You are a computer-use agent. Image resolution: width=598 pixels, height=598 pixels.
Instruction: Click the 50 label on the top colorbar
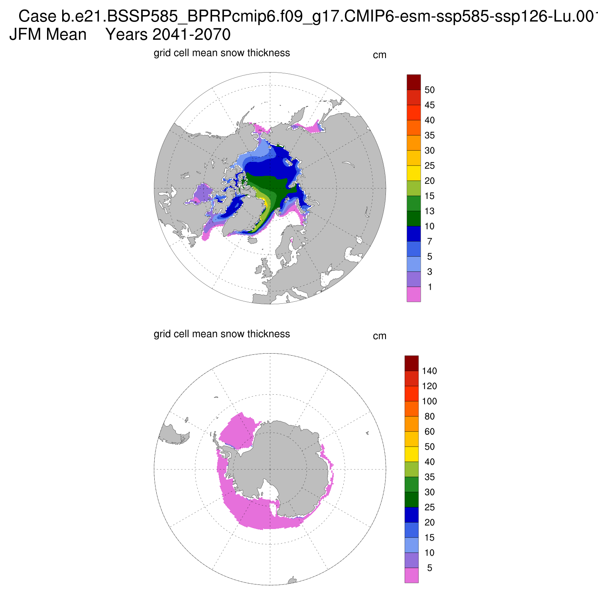[x=429, y=90]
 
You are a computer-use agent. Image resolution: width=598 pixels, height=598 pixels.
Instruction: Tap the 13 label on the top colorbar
[x=429, y=211]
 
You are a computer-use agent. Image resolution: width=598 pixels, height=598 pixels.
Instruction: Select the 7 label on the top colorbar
[x=429, y=242]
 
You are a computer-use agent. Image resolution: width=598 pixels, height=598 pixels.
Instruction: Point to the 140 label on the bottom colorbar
[x=429, y=371]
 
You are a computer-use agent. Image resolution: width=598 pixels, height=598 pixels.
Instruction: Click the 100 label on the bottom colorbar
[x=429, y=401]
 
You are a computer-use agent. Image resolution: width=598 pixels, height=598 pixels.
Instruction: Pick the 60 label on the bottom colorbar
[x=429, y=432]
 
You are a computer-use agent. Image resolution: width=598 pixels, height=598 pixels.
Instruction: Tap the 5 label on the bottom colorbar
[x=429, y=568]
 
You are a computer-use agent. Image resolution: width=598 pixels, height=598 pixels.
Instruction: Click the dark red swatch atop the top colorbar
[x=413, y=82]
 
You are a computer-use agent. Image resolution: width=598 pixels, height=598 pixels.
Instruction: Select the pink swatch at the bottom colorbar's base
[x=411, y=575]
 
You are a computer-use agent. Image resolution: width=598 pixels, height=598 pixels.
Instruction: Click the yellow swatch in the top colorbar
[x=413, y=173]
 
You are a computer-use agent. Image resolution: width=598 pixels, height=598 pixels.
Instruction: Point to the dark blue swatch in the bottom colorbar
[x=411, y=515]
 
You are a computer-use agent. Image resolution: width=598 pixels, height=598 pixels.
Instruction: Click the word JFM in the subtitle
[x=25, y=35]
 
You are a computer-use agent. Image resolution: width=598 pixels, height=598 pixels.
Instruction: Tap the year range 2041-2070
[x=191, y=35]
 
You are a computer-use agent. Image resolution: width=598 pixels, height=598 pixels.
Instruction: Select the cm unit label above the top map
[x=380, y=55]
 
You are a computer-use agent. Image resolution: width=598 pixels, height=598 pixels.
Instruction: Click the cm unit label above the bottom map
[x=380, y=336]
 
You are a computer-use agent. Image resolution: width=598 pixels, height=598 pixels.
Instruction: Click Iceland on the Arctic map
[x=252, y=240]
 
